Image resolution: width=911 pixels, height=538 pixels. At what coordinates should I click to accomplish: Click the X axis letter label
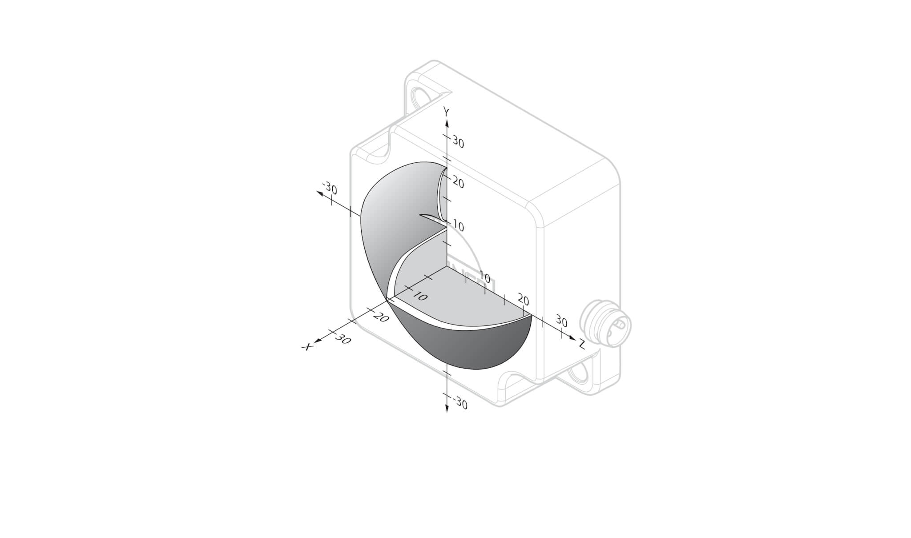click(x=307, y=346)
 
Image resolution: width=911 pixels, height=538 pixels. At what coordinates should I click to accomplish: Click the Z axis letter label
click(x=581, y=344)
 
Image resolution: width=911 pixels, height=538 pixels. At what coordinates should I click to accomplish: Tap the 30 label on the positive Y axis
click(x=458, y=143)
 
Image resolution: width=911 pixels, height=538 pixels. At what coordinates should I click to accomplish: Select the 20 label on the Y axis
click(x=458, y=182)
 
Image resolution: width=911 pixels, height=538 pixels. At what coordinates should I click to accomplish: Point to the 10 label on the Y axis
click(x=458, y=227)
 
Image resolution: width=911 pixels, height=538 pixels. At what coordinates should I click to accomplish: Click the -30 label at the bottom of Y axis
click(x=460, y=404)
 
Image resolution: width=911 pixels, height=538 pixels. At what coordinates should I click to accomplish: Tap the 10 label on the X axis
click(x=420, y=296)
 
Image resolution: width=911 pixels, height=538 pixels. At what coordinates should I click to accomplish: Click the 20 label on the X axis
click(x=382, y=317)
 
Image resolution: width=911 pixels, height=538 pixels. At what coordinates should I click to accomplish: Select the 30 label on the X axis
click(x=343, y=339)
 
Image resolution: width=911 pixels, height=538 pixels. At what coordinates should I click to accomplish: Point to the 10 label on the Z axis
click(x=484, y=278)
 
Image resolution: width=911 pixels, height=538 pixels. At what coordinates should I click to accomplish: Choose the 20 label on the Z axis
click(x=524, y=301)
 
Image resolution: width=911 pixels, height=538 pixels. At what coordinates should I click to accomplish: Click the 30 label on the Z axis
click(x=561, y=321)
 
